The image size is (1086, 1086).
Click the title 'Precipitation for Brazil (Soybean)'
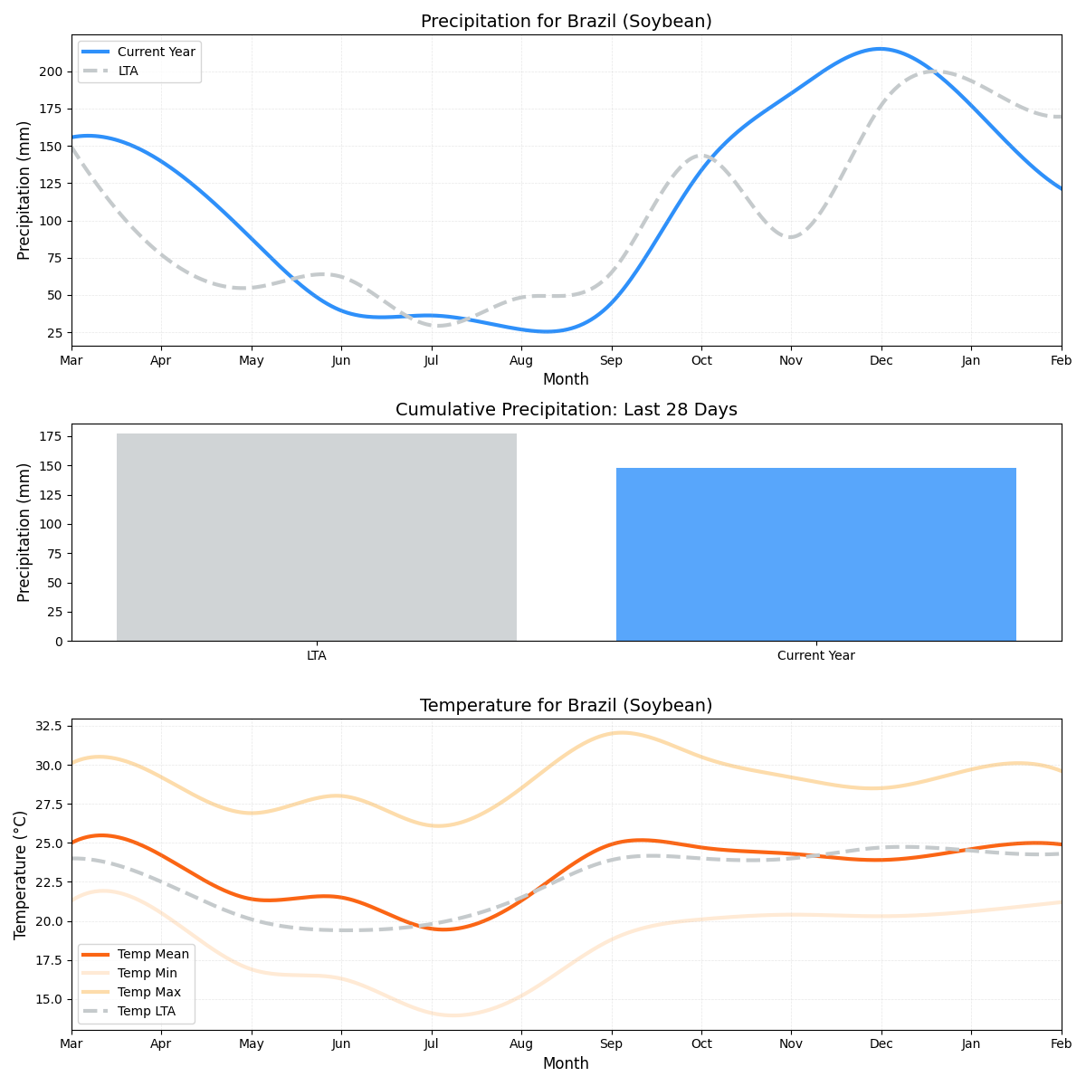(x=566, y=22)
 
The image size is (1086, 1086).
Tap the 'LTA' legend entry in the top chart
(x=128, y=71)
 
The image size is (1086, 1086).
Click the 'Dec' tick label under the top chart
(x=881, y=360)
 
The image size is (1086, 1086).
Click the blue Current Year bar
(x=815, y=554)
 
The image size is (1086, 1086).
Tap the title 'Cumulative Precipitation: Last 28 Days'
(x=566, y=410)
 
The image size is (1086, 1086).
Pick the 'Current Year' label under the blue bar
(x=815, y=655)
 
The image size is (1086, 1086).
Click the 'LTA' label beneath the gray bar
(x=316, y=655)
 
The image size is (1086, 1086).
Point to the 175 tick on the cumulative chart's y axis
(x=52, y=436)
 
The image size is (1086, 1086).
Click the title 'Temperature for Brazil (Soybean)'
(x=566, y=706)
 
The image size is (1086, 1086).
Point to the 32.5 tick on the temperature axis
(x=48, y=726)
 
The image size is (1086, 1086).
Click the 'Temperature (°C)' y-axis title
(x=21, y=874)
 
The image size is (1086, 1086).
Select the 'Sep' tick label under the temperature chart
(x=612, y=1044)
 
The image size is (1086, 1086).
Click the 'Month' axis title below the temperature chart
(x=566, y=1063)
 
